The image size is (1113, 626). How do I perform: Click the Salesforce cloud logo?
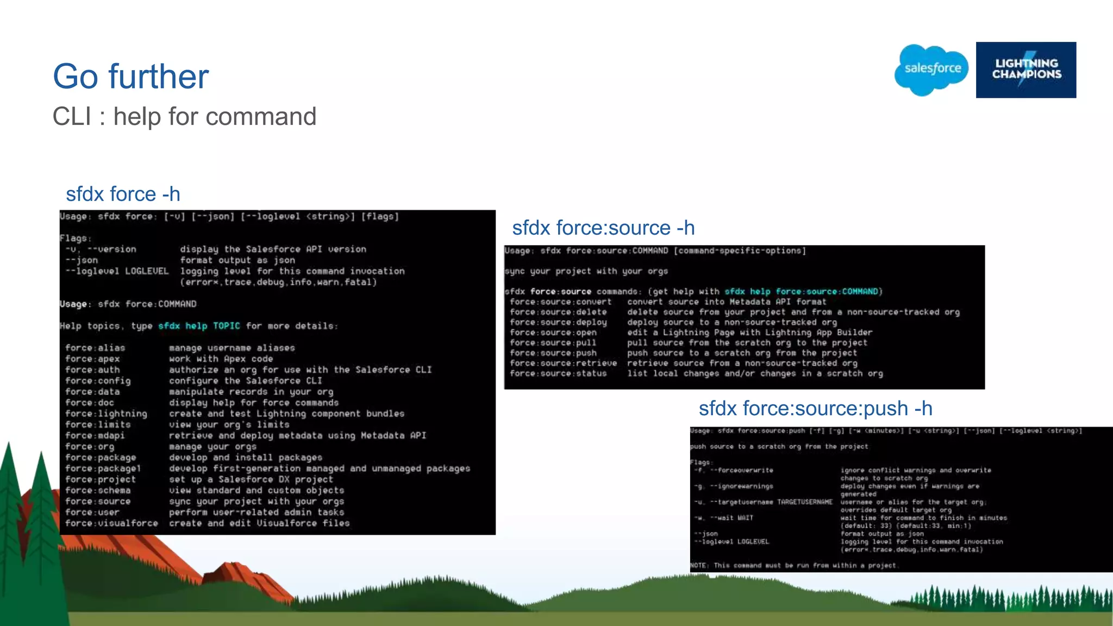point(931,70)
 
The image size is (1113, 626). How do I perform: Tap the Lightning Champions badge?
point(1026,70)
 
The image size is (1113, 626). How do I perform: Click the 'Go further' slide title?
point(130,76)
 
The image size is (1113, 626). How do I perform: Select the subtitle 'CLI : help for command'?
point(184,116)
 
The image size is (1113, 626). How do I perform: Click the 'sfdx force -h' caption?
point(123,194)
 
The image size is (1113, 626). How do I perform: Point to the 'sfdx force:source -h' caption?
point(603,228)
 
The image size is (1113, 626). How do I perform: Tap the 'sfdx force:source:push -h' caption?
point(815,408)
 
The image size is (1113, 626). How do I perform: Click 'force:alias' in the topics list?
point(95,348)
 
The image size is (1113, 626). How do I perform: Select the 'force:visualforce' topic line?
point(111,523)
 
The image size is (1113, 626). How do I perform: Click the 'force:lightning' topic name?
point(106,414)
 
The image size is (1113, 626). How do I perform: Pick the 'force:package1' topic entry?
point(103,468)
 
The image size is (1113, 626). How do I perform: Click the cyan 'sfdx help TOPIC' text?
point(199,326)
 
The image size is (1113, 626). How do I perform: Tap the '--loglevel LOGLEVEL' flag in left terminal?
point(117,271)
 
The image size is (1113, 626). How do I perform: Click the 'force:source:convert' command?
point(560,302)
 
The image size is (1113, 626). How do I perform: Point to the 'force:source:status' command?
point(558,374)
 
